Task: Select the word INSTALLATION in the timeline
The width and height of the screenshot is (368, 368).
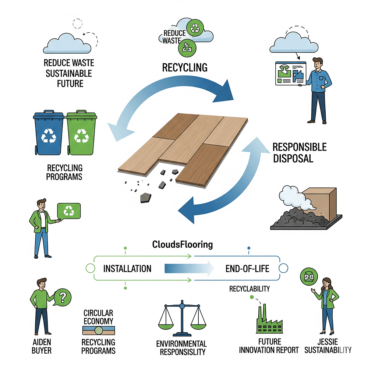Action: (127, 269)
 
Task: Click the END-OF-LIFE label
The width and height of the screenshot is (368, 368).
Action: (247, 269)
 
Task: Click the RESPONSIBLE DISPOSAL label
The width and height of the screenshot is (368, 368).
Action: (299, 153)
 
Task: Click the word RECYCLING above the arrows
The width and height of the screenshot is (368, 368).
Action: (185, 67)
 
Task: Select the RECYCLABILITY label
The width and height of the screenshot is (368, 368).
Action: (250, 289)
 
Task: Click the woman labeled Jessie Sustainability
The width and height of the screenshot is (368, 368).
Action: (327, 309)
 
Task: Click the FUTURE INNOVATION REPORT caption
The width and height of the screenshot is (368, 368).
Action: (269, 346)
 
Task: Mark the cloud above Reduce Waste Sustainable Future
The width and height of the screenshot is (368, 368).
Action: (67, 43)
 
